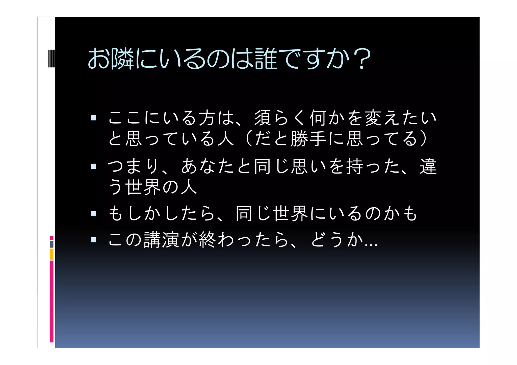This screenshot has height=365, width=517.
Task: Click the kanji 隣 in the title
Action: [x=122, y=59]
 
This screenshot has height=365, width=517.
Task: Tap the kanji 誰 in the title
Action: [x=266, y=59]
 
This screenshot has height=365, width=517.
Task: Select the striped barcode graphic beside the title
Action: [x=51, y=59]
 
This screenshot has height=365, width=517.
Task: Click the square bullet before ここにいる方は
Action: [x=93, y=118]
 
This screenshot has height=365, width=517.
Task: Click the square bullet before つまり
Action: [x=93, y=166]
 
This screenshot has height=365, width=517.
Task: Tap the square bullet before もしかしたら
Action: [x=93, y=214]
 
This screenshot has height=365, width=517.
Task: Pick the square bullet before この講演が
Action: [x=93, y=240]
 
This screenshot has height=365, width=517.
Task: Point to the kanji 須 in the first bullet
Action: [x=263, y=118]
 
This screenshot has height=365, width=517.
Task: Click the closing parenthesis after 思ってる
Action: [x=424, y=138]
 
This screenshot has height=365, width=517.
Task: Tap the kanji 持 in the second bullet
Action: [x=355, y=166]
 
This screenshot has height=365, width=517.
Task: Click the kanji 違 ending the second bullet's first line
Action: [x=428, y=166]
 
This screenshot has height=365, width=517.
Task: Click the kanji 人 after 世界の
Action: [x=189, y=187]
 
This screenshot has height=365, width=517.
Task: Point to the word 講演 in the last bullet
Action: [x=162, y=240]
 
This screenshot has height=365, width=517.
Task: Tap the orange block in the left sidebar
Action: [x=51, y=254]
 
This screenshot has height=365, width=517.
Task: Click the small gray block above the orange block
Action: [x=51, y=244]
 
